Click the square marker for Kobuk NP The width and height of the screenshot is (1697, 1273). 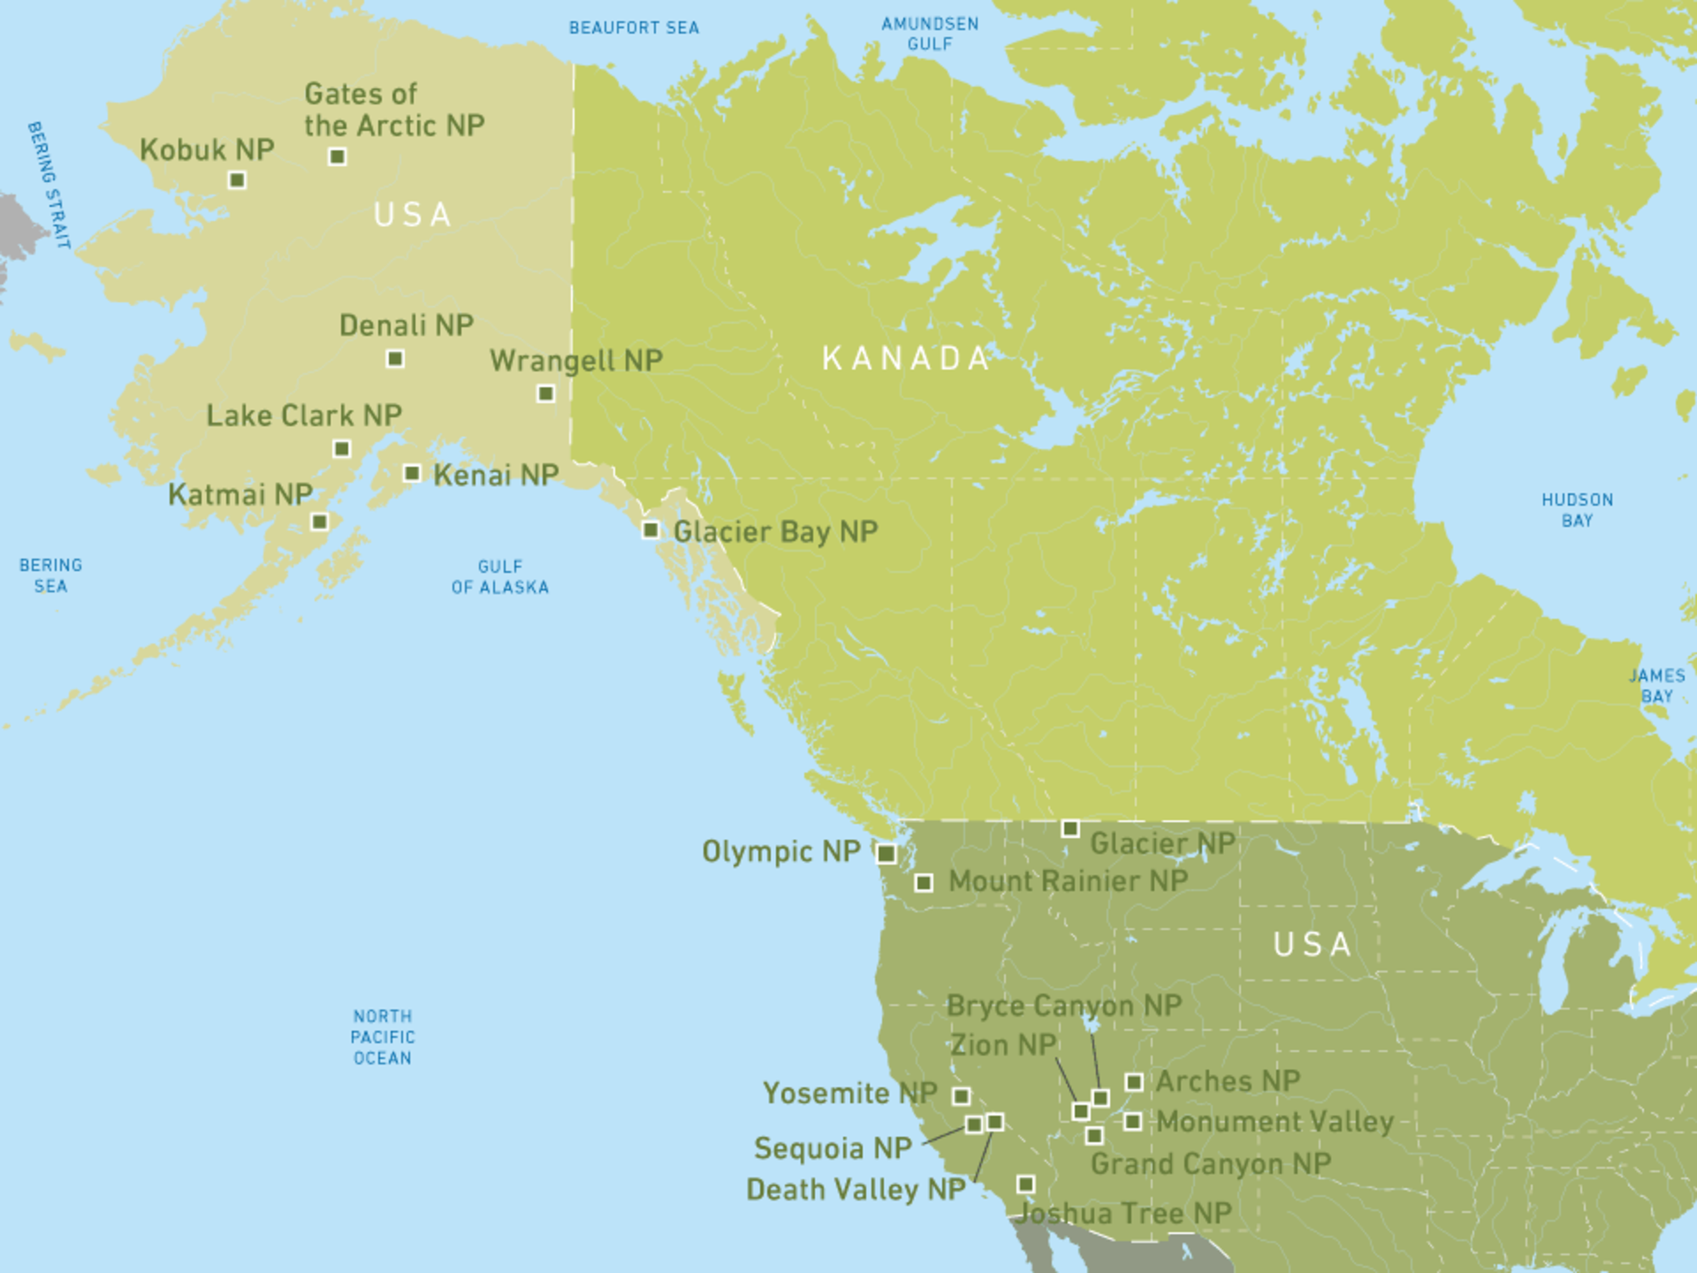click(x=238, y=180)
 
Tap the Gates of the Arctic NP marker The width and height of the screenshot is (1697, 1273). click(x=337, y=156)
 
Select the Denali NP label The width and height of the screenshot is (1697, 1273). click(x=406, y=325)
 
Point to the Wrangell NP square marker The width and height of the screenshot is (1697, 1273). click(x=546, y=393)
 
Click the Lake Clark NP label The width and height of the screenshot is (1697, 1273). click(x=304, y=416)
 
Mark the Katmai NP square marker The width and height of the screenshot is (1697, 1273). click(x=320, y=521)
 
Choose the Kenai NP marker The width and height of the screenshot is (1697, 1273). click(x=412, y=473)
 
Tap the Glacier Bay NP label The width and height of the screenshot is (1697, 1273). click(x=776, y=532)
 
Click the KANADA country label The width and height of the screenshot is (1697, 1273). click(x=906, y=358)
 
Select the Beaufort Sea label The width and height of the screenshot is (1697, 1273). click(x=634, y=28)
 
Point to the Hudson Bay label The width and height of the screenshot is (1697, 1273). click(x=1577, y=510)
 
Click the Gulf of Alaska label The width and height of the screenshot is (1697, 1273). click(x=500, y=577)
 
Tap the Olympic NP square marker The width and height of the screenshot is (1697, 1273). click(x=886, y=853)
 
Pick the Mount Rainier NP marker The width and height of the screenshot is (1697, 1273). click(x=924, y=883)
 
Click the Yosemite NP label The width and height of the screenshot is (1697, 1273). click(x=849, y=1093)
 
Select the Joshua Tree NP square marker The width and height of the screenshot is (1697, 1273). click(x=1026, y=1184)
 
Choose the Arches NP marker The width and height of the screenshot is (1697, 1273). click(x=1134, y=1082)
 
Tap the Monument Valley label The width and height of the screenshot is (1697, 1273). click(x=1275, y=1122)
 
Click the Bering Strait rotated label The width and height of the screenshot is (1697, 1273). click(x=48, y=185)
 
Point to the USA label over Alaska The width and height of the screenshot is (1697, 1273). click(x=412, y=215)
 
